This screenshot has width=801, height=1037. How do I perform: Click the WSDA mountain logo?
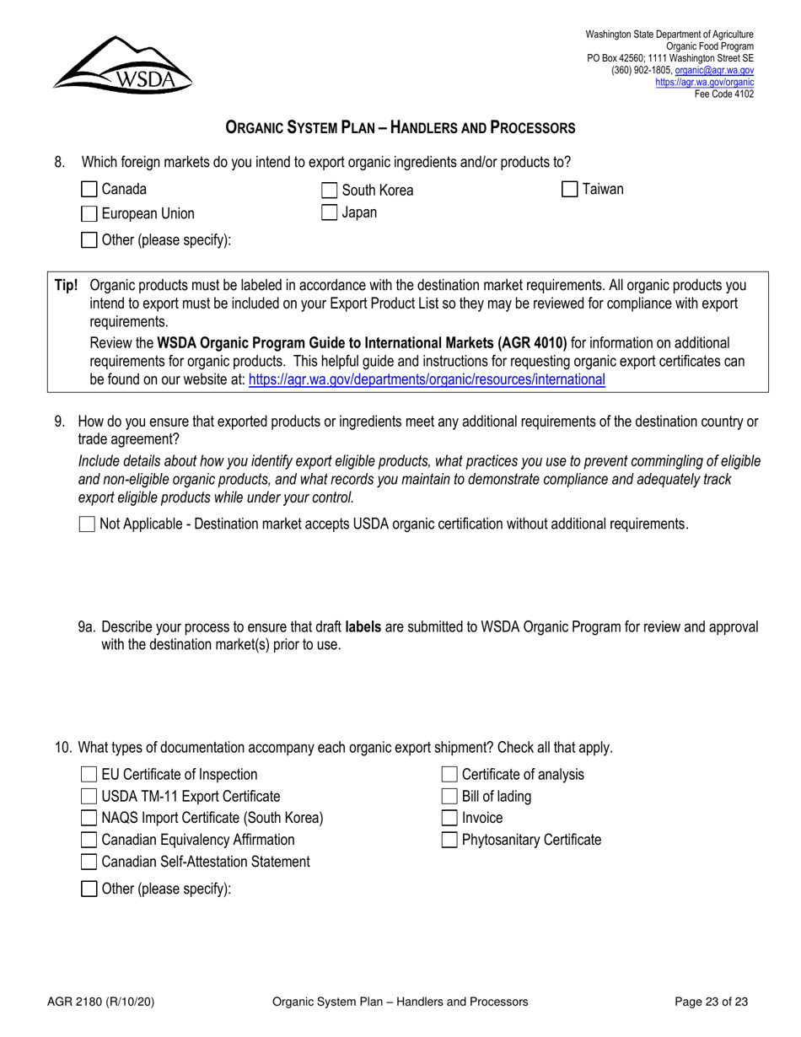coord(123,64)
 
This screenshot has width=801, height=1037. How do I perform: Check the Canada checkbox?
coord(89,190)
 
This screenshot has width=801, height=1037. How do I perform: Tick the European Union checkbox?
coord(89,213)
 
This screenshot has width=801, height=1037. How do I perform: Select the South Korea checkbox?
coord(331,191)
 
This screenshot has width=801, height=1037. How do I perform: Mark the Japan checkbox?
coord(331,213)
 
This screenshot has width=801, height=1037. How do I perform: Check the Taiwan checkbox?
coord(570,190)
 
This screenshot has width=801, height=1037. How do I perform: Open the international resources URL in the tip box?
coord(427,379)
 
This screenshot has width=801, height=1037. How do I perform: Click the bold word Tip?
coord(67,285)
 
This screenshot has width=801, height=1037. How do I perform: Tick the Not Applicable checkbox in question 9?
coord(87,524)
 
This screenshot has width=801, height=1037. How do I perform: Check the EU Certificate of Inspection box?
coord(89,775)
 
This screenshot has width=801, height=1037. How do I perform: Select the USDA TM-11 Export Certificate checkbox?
coord(89,797)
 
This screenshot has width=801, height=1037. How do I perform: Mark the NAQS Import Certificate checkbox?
coord(89,819)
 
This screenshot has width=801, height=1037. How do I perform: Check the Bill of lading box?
coord(450,797)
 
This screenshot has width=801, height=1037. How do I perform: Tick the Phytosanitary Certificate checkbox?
coord(450,840)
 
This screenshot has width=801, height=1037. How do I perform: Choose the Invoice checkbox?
coord(450,818)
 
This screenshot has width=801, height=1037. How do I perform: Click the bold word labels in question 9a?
coord(363,627)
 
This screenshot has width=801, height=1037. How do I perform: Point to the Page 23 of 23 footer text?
coord(712,1002)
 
